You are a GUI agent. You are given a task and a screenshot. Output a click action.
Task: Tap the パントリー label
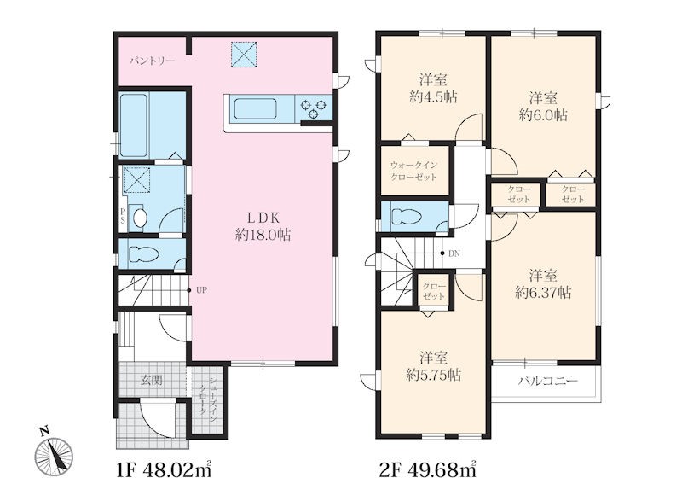click(x=153, y=61)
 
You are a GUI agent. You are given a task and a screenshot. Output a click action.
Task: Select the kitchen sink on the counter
click(x=255, y=108)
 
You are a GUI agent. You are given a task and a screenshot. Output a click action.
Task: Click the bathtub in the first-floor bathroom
click(x=133, y=125)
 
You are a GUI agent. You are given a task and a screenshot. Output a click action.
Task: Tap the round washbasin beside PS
click(x=140, y=218)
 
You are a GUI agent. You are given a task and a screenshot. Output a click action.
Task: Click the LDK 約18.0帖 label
click(x=263, y=226)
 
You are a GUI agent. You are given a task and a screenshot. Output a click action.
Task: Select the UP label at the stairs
click(x=201, y=290)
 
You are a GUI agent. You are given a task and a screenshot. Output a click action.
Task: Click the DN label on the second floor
click(x=454, y=253)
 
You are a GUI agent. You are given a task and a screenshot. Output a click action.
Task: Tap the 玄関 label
click(x=152, y=380)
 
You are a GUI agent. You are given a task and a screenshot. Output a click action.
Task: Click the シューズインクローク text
click(x=207, y=398)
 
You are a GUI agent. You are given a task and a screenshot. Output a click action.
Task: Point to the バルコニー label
click(x=548, y=382)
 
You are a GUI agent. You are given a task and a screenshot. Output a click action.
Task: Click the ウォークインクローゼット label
click(x=413, y=171)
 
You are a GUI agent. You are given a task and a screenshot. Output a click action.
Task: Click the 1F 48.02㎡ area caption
click(x=164, y=469)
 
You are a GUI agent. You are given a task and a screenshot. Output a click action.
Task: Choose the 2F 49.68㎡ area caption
click(x=428, y=469)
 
